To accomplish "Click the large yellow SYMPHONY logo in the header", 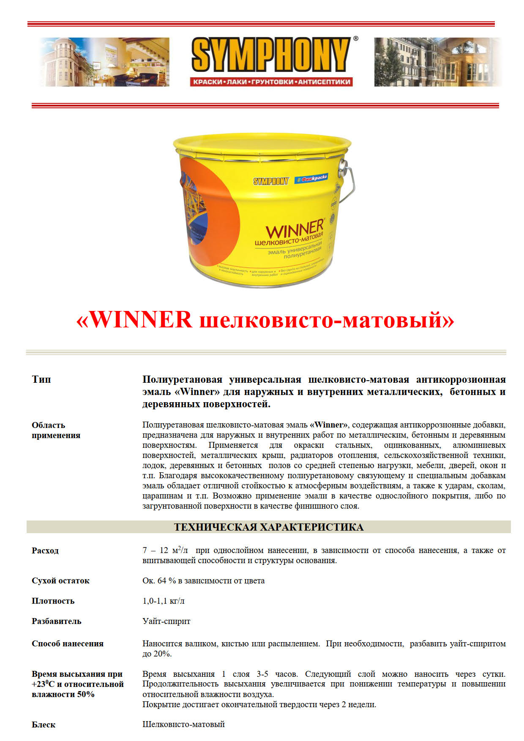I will coord(270,55).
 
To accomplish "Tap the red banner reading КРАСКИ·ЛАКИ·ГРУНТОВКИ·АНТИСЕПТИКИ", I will coord(271,82).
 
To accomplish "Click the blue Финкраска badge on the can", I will coord(311,178).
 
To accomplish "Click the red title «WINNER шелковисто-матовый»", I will coord(265,320).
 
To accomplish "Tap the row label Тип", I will coord(41,379).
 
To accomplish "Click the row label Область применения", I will coord(56,430).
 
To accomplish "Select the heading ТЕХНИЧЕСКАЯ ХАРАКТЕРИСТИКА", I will coord(269,527).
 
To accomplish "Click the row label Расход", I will coord(45,550).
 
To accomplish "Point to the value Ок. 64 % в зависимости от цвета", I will coord(203,580).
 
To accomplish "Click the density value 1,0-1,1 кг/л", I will coord(164,601).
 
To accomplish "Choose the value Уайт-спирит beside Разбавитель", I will coord(166,621).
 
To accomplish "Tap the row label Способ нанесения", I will coord(68,643).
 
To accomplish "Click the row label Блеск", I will coord(44,725).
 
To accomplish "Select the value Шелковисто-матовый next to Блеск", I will coord(183,724).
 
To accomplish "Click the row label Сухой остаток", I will coord(60,580).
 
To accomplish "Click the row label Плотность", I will coord(53,601).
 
